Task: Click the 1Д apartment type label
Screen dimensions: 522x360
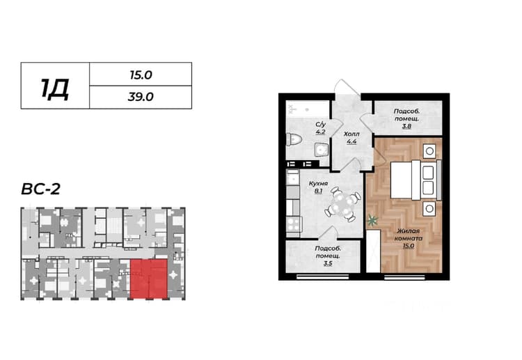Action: pyautogui.click(x=55, y=89)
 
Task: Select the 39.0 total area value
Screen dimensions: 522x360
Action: pyautogui.click(x=141, y=97)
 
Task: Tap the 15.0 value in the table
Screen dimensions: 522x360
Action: pyautogui.click(x=141, y=75)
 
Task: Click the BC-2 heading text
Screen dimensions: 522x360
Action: pyautogui.click(x=40, y=189)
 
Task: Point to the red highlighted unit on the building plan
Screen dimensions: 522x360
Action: pyautogui.click(x=148, y=279)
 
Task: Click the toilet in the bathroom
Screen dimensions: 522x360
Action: pyautogui.click(x=294, y=139)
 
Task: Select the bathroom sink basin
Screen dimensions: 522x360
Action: pyautogui.click(x=322, y=150)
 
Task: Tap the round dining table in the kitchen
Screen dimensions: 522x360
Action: pyautogui.click(x=343, y=204)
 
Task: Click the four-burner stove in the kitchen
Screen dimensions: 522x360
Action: pyautogui.click(x=294, y=224)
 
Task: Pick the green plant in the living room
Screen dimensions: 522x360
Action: pyautogui.click(x=373, y=220)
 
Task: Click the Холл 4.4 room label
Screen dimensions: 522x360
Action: pyautogui.click(x=351, y=138)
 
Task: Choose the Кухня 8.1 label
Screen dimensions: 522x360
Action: pyautogui.click(x=318, y=187)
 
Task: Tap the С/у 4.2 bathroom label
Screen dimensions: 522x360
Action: pyautogui.click(x=321, y=128)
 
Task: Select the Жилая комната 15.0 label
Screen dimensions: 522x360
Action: pyautogui.click(x=409, y=238)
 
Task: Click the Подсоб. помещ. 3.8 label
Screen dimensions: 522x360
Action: pyautogui.click(x=406, y=118)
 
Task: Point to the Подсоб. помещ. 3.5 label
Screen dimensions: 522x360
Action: pyautogui.click(x=328, y=256)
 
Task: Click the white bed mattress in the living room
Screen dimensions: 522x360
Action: pyautogui.click(x=401, y=180)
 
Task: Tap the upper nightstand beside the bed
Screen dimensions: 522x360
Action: pyautogui.click(x=429, y=151)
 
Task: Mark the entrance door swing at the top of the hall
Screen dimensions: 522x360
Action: pyautogui.click(x=347, y=87)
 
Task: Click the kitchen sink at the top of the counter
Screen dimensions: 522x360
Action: pyautogui.click(x=293, y=177)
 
